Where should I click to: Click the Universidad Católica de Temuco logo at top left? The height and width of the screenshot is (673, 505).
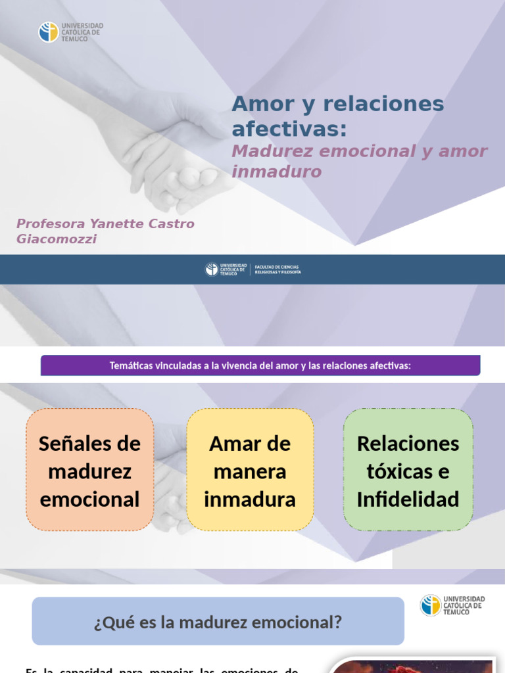pyautogui.click(x=71, y=32)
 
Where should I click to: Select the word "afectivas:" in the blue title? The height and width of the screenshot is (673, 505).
pyautogui.click(x=289, y=129)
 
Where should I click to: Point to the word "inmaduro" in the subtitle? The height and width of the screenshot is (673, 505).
pyautogui.click(x=276, y=172)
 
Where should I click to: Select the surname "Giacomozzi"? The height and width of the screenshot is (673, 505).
pyautogui.click(x=57, y=239)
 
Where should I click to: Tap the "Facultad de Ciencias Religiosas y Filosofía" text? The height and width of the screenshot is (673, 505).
pyautogui.click(x=277, y=269)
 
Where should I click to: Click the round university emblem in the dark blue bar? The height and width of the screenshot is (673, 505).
pyautogui.click(x=211, y=269)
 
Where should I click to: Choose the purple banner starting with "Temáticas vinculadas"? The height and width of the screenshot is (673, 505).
pyautogui.click(x=260, y=365)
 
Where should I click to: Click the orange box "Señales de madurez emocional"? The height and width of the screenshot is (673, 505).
pyautogui.click(x=90, y=470)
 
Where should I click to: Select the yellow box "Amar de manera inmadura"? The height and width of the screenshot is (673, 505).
pyautogui.click(x=250, y=470)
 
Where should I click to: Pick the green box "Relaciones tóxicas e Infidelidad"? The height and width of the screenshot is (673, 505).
pyautogui.click(x=408, y=470)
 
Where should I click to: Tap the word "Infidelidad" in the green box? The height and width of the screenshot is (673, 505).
pyautogui.click(x=408, y=499)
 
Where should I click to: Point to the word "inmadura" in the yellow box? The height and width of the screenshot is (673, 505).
pyautogui.click(x=250, y=499)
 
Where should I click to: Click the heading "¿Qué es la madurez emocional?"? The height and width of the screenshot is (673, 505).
pyautogui.click(x=218, y=621)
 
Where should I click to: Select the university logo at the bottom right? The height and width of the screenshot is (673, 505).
pyautogui.click(x=452, y=605)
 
